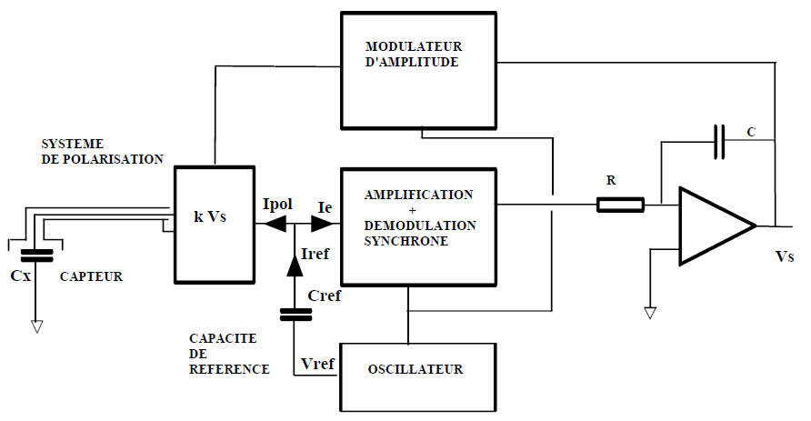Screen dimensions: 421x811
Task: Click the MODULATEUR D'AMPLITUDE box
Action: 417,69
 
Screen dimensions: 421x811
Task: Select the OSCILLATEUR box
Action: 417,370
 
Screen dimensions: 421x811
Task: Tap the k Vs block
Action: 211,219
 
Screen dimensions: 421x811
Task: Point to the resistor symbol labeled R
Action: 620,205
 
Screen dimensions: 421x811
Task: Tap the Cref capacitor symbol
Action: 295,315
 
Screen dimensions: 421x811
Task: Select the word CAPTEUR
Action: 91,276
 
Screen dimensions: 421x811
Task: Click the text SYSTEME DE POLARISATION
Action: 102,151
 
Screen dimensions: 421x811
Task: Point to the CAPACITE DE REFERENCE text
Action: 223,354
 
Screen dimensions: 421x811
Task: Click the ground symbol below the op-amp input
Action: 650,313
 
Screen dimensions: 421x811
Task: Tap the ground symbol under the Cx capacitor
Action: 37,325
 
